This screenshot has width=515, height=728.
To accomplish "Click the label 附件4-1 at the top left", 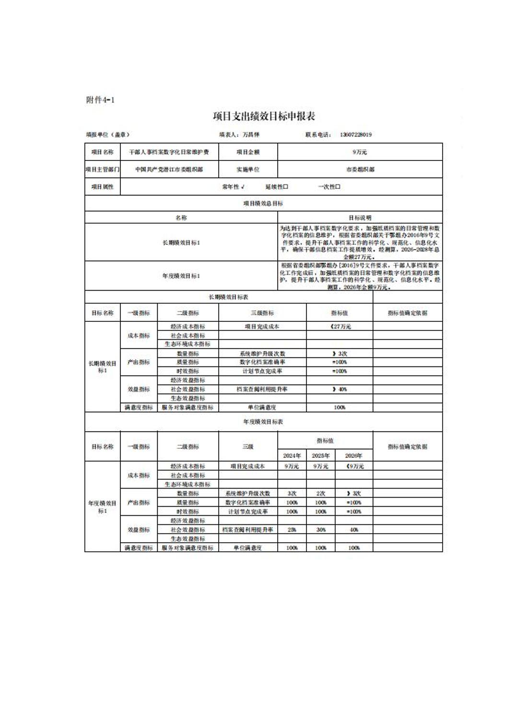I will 100,100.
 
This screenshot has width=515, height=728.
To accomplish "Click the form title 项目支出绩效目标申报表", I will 264,116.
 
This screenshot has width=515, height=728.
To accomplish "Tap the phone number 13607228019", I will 356,135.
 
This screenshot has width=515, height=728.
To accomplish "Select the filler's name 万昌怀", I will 251,135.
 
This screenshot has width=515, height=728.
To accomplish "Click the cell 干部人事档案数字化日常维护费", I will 169,152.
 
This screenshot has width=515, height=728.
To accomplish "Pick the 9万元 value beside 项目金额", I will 360,152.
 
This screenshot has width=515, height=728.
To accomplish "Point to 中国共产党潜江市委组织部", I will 169,169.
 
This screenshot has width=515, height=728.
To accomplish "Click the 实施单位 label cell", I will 248,169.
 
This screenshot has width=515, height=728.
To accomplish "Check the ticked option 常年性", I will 233,186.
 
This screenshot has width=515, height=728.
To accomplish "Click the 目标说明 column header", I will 360,217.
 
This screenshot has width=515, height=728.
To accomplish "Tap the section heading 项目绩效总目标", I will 263,203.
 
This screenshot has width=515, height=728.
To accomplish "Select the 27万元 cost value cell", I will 339,327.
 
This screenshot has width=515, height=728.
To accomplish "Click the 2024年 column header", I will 292,455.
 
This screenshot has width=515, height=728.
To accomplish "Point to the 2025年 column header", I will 321,455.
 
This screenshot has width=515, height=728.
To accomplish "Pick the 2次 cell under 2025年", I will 321,493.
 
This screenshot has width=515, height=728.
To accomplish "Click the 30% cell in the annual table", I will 321,530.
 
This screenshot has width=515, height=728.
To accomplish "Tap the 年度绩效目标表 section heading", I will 263,422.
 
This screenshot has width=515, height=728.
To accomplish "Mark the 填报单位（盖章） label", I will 108,135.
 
